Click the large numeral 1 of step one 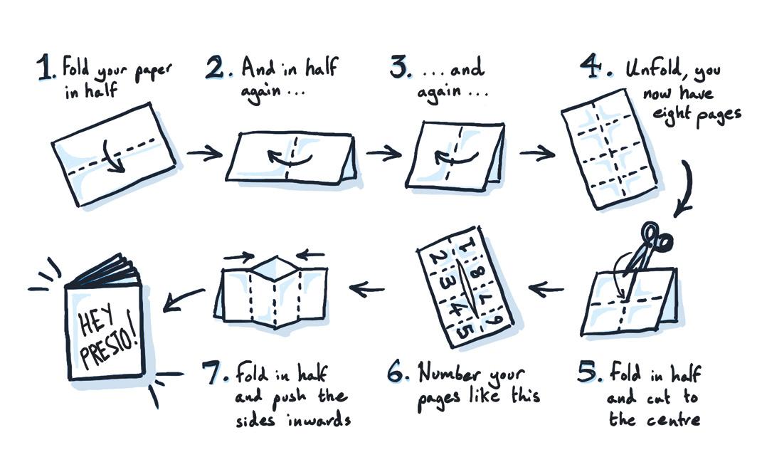point(46,67)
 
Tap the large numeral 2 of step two point(214,67)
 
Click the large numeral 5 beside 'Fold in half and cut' point(588,372)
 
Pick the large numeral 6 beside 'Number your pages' point(398,372)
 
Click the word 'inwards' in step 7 point(319,419)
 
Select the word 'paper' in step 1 point(153,73)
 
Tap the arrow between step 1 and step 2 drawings point(205,154)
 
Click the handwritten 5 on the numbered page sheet point(465,332)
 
